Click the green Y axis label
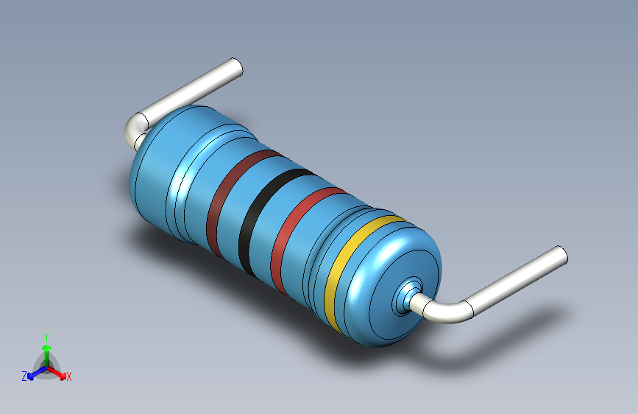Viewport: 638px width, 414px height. [46, 337]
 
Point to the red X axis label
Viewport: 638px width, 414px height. [68, 376]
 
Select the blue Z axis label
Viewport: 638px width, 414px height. [24, 376]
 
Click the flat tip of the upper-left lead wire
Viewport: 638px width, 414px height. [237, 67]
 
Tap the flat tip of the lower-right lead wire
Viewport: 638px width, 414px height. [562, 256]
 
